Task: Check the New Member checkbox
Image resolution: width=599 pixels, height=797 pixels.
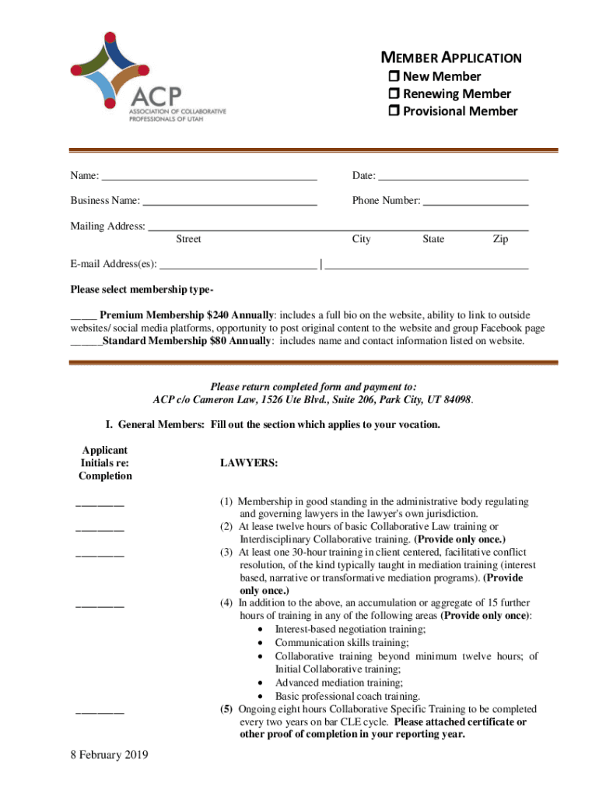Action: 394,76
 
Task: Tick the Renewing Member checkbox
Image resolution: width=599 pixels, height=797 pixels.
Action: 394,94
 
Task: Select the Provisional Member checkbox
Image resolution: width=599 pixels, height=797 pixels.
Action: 394,111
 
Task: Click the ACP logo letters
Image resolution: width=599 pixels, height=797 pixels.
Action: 156,96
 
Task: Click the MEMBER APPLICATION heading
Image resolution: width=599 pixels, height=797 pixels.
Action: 450,58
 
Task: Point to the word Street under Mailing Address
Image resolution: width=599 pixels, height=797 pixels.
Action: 188,239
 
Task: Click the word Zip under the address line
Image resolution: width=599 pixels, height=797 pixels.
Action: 500,239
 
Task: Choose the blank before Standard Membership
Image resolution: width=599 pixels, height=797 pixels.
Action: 86,342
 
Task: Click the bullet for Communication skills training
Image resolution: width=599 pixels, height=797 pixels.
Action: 258,643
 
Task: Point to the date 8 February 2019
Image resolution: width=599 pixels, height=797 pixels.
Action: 109,754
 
